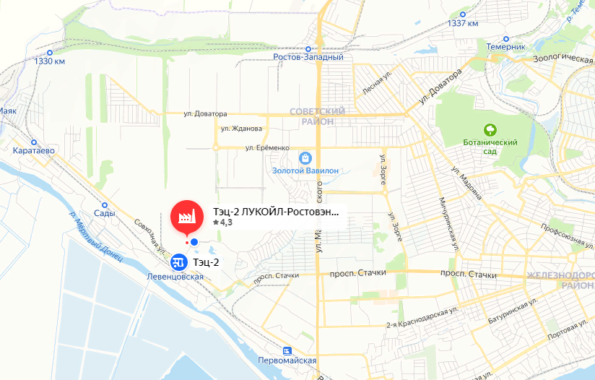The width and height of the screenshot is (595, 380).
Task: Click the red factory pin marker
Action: [186, 216]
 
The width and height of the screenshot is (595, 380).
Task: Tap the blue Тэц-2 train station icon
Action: [178, 262]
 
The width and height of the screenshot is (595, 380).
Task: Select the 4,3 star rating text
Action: [223, 223]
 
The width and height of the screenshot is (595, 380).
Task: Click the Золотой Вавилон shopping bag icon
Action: [306, 157]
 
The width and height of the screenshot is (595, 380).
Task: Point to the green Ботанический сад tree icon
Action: [490, 130]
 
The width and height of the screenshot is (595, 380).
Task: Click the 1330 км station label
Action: [50, 61]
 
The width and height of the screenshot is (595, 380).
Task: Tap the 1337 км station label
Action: [463, 23]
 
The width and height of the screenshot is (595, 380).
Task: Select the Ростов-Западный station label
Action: [308, 56]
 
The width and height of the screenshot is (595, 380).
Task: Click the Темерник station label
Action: [505, 46]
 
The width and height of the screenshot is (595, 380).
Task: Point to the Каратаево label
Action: [34, 151]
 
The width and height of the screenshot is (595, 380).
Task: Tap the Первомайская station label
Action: [287, 360]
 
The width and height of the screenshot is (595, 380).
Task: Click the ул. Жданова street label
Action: [241, 129]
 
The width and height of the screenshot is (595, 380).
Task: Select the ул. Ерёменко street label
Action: [267, 148]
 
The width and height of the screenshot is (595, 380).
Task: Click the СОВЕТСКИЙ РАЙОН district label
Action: [317, 116]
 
